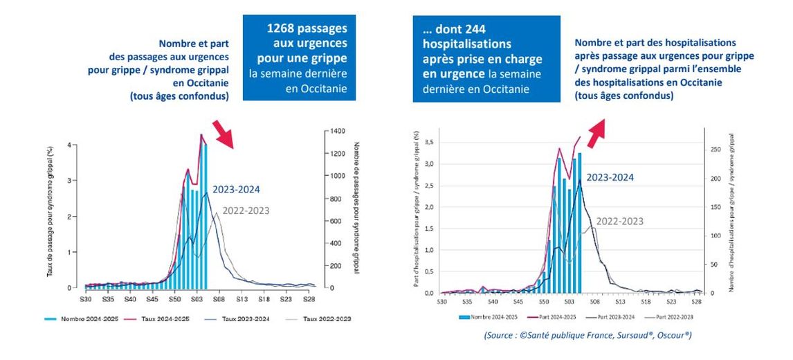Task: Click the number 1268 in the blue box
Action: click(x=282, y=28)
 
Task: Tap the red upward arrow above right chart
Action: click(x=594, y=133)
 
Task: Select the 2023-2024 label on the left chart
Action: click(x=237, y=188)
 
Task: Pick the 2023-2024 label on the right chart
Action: click(x=610, y=177)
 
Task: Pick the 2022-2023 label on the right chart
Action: click(x=619, y=222)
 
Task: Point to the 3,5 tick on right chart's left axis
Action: click(x=429, y=142)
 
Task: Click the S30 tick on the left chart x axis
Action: click(x=85, y=300)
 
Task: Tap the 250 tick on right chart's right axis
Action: click(x=715, y=150)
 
